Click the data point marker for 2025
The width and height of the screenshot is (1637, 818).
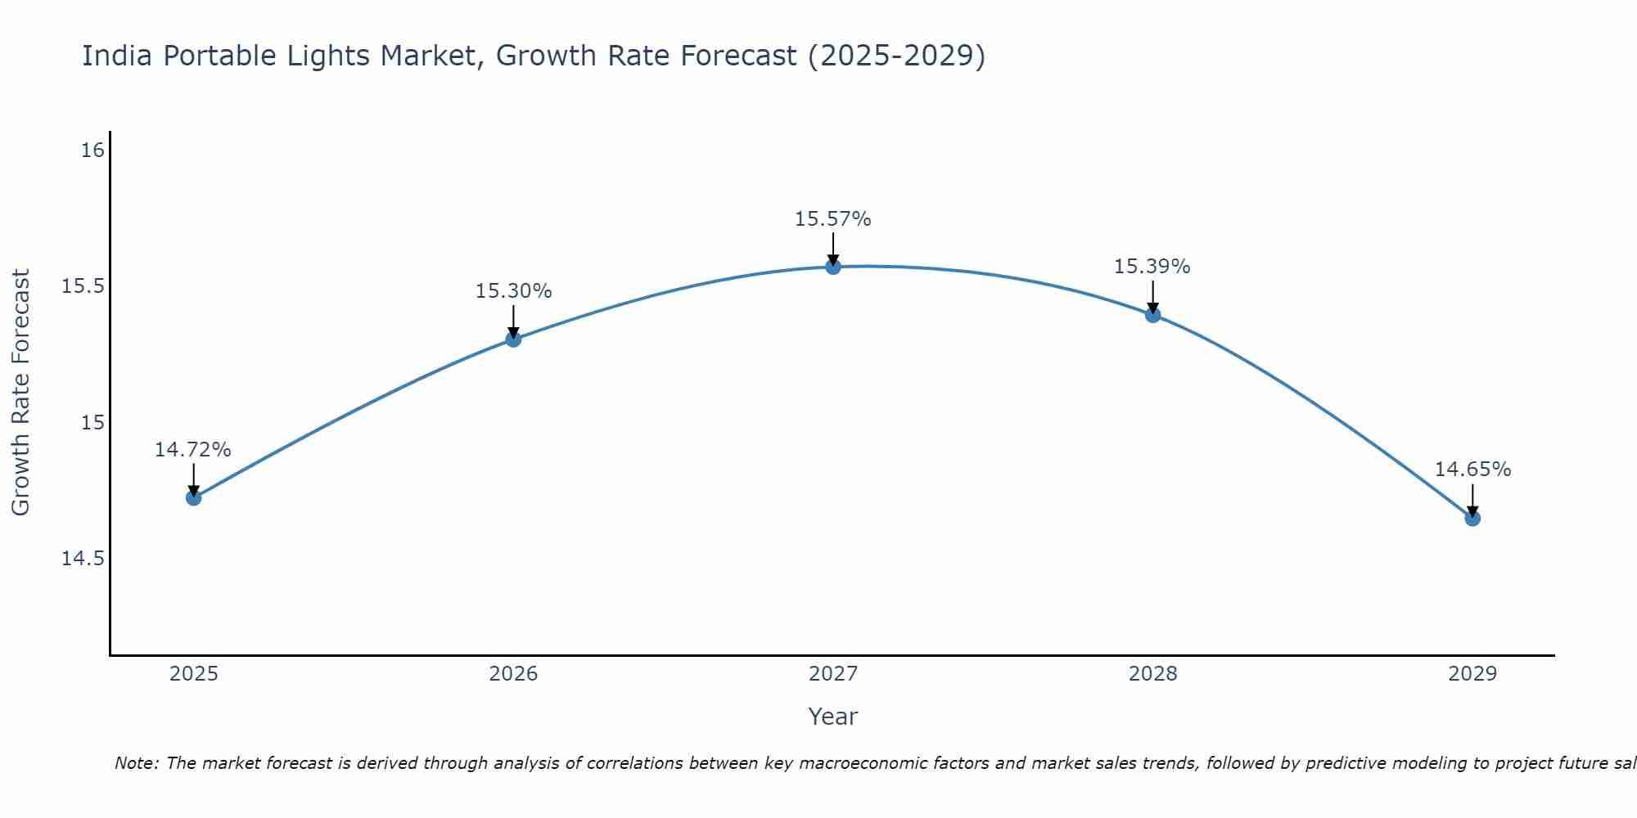(194, 497)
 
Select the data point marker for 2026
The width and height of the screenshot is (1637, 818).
(513, 339)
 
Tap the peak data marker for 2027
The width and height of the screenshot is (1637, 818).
(833, 266)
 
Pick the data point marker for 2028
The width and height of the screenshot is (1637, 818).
(1153, 314)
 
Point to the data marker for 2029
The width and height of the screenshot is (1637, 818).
(1472, 518)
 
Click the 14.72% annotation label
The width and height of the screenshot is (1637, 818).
(193, 450)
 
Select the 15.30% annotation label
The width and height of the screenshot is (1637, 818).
(513, 291)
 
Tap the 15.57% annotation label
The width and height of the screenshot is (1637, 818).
(832, 219)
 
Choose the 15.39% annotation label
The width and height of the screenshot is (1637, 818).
(1152, 267)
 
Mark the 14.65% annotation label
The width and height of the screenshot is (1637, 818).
(1472, 470)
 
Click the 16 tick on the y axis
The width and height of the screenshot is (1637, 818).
(93, 151)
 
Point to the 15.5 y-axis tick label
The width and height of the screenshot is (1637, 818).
(83, 286)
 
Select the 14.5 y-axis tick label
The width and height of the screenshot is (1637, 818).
(83, 559)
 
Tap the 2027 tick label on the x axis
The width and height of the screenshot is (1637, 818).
(833, 674)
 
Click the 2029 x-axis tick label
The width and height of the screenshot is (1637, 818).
(1472, 674)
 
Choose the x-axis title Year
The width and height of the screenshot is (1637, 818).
(832, 717)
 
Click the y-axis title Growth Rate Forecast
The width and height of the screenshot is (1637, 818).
(20, 393)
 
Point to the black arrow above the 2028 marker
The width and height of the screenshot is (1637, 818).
(1153, 296)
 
